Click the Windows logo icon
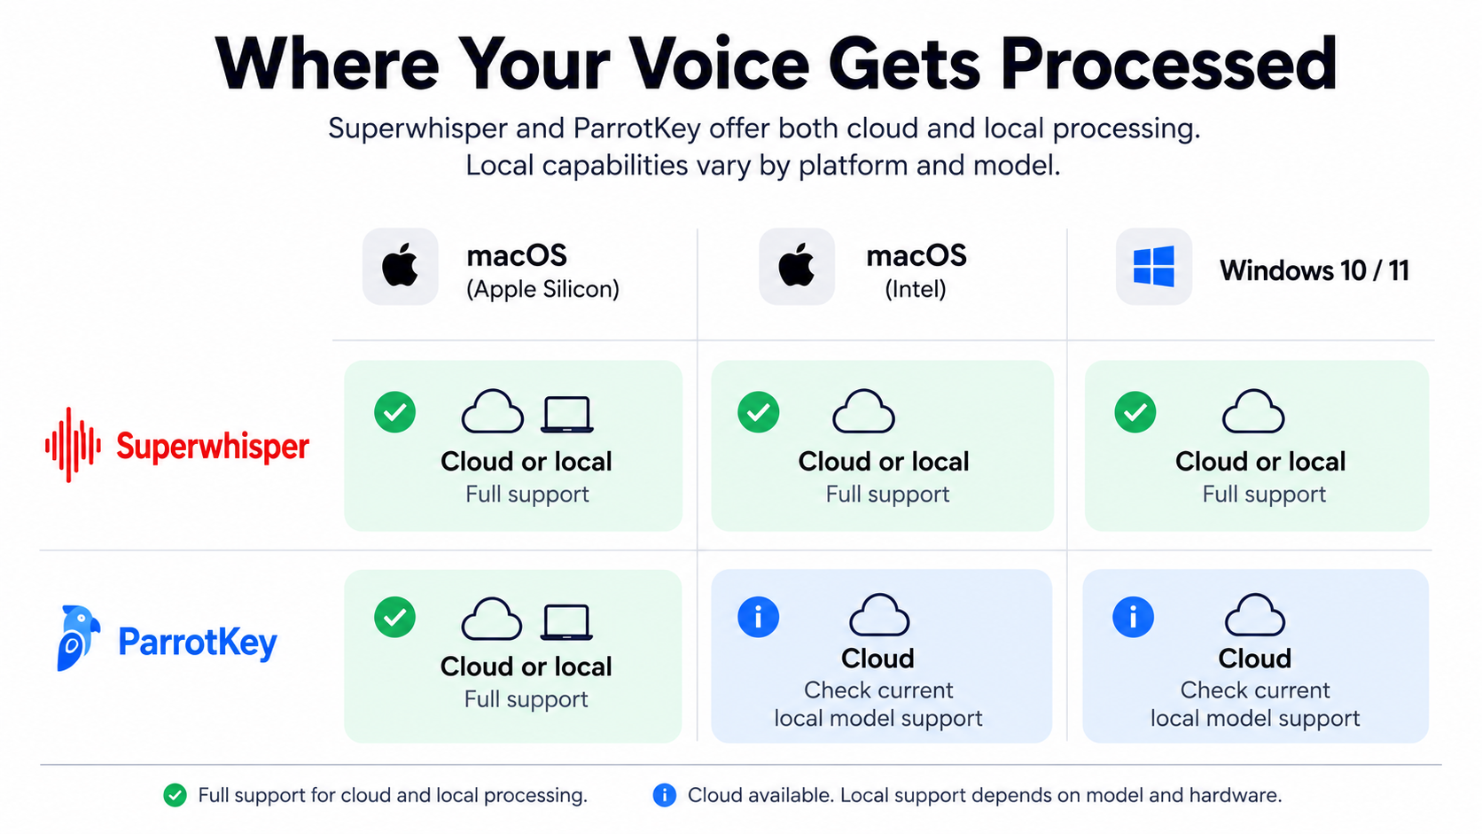click(x=1154, y=267)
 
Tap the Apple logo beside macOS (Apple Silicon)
click(x=401, y=265)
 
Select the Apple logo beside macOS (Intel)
click(x=797, y=265)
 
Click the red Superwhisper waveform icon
click(x=73, y=444)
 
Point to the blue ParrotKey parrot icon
click(x=78, y=638)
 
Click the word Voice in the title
click(x=719, y=65)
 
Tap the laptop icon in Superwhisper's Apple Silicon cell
click(x=567, y=415)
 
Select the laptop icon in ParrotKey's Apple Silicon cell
click(x=566, y=622)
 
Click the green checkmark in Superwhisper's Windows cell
click(x=1135, y=412)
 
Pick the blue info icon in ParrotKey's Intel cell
click(x=758, y=617)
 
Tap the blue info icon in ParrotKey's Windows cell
click(x=1134, y=617)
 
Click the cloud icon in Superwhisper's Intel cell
click(x=863, y=411)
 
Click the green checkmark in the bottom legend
click(x=175, y=795)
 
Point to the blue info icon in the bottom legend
click(x=664, y=795)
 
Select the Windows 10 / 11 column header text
click(x=1314, y=270)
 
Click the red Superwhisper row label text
click(x=213, y=447)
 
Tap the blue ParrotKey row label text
click(x=198, y=642)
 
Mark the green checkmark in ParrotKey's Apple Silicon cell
click(x=395, y=617)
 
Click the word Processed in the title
click(x=1168, y=65)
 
